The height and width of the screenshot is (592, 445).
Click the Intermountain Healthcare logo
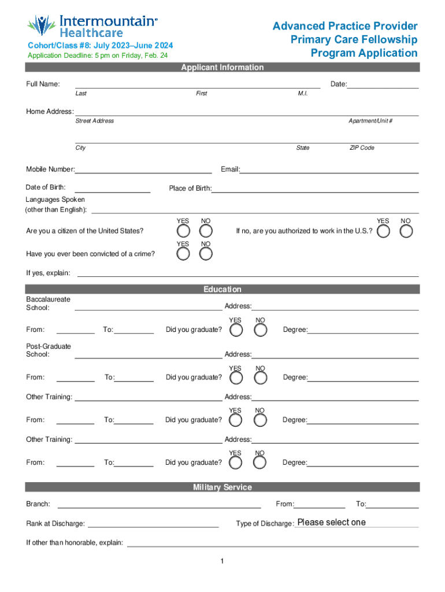pyautogui.click(x=92, y=25)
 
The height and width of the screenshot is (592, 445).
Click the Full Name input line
pyautogui.click(x=197, y=84)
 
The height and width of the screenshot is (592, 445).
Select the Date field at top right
pyautogui.click(x=383, y=84)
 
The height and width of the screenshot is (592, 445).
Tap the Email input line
pyautogui.click(x=329, y=169)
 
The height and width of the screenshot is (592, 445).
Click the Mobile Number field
pyautogui.click(x=143, y=169)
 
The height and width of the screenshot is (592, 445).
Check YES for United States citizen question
pyautogui.click(x=183, y=231)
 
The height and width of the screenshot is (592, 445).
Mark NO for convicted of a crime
pyautogui.click(x=206, y=254)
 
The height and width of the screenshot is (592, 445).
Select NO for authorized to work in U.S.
pyautogui.click(x=406, y=231)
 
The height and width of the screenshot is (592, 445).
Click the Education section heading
pyautogui.click(x=222, y=289)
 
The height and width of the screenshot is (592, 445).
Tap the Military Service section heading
pyautogui.click(x=222, y=487)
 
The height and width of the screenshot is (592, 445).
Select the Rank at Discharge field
pyautogui.click(x=153, y=524)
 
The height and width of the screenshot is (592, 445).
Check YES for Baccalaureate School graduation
pyautogui.click(x=236, y=330)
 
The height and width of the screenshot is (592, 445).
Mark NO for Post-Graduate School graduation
pyautogui.click(x=261, y=378)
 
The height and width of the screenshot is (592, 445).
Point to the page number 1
pyautogui.click(x=222, y=561)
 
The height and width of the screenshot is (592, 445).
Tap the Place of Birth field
pyautogui.click(x=315, y=188)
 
